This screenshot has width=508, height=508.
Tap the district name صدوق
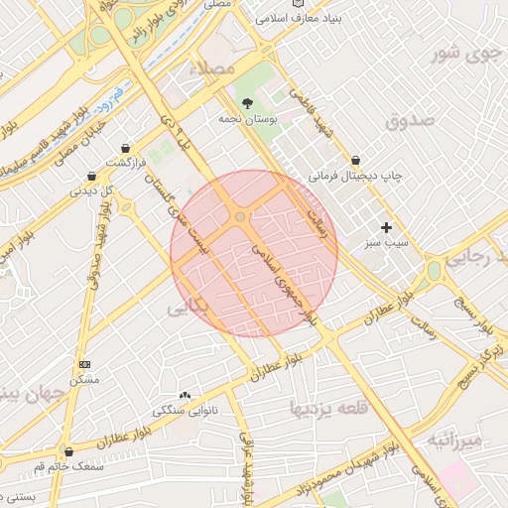[x=414, y=122]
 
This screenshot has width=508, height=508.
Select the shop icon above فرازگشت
[x=125, y=146]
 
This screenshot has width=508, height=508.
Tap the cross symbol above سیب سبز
[x=387, y=227]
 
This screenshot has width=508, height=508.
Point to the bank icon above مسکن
[x=83, y=365]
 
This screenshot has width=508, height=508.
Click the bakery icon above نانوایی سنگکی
[x=186, y=395]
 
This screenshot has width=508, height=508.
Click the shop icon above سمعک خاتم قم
[x=68, y=451]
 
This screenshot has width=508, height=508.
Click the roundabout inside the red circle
[x=240, y=216]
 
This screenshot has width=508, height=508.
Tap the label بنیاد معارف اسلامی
[x=292, y=19]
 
